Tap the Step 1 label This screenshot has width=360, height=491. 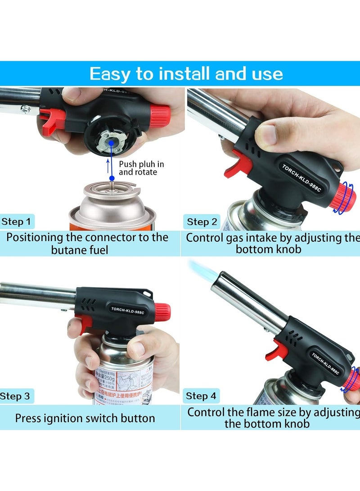[x=17, y=221]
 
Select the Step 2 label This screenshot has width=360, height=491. [x=202, y=222]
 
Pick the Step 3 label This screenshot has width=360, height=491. [x=15, y=396]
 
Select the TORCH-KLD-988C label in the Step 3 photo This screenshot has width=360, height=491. [x=127, y=310]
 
